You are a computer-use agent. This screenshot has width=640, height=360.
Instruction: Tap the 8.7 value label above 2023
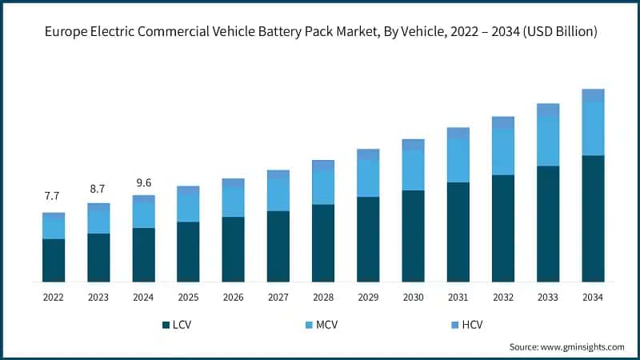98,188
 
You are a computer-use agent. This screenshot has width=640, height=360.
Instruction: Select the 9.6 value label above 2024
143,179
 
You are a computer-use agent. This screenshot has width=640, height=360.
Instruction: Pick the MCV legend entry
324,325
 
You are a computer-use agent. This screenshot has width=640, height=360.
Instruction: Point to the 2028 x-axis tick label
322,297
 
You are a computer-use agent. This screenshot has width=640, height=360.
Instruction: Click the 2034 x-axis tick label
593,297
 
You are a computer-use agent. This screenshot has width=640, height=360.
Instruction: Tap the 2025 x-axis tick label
188,297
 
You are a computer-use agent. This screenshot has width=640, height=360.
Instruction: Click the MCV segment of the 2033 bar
548,141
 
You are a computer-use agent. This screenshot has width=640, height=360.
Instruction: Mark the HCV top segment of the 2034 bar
593,95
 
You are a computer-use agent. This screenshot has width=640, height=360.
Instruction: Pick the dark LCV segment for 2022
54,260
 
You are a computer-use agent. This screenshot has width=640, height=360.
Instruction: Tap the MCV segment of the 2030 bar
413,170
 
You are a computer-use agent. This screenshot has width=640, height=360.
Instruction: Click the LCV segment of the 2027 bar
278,246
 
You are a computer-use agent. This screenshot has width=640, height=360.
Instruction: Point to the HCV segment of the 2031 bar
458,133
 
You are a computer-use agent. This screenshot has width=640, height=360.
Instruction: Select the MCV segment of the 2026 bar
233,202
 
